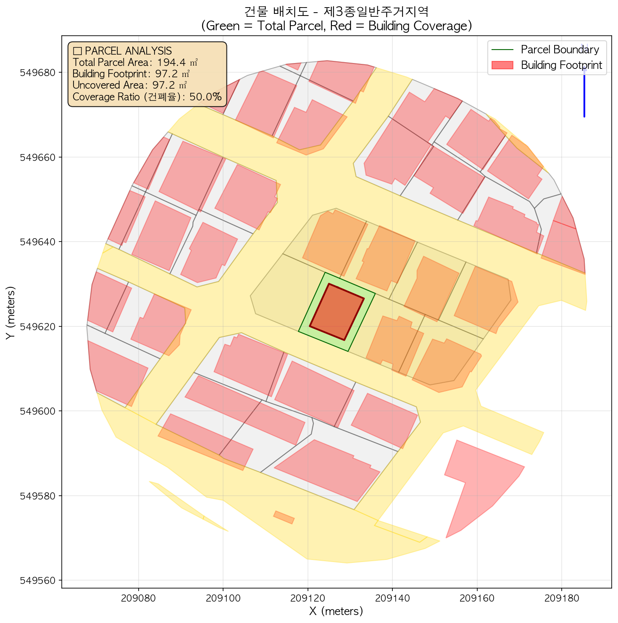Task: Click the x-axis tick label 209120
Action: point(308,598)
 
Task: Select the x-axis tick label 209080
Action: point(138,598)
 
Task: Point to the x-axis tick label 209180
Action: point(561,598)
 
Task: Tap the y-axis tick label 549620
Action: point(39,326)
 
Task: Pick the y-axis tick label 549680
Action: point(39,72)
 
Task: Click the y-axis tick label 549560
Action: point(39,580)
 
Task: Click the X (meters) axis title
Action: point(336,611)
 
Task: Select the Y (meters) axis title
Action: point(10,313)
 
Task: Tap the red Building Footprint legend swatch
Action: point(502,65)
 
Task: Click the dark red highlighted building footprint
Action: point(337,312)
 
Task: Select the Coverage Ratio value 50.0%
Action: point(205,97)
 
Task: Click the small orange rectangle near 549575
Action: point(284,517)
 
